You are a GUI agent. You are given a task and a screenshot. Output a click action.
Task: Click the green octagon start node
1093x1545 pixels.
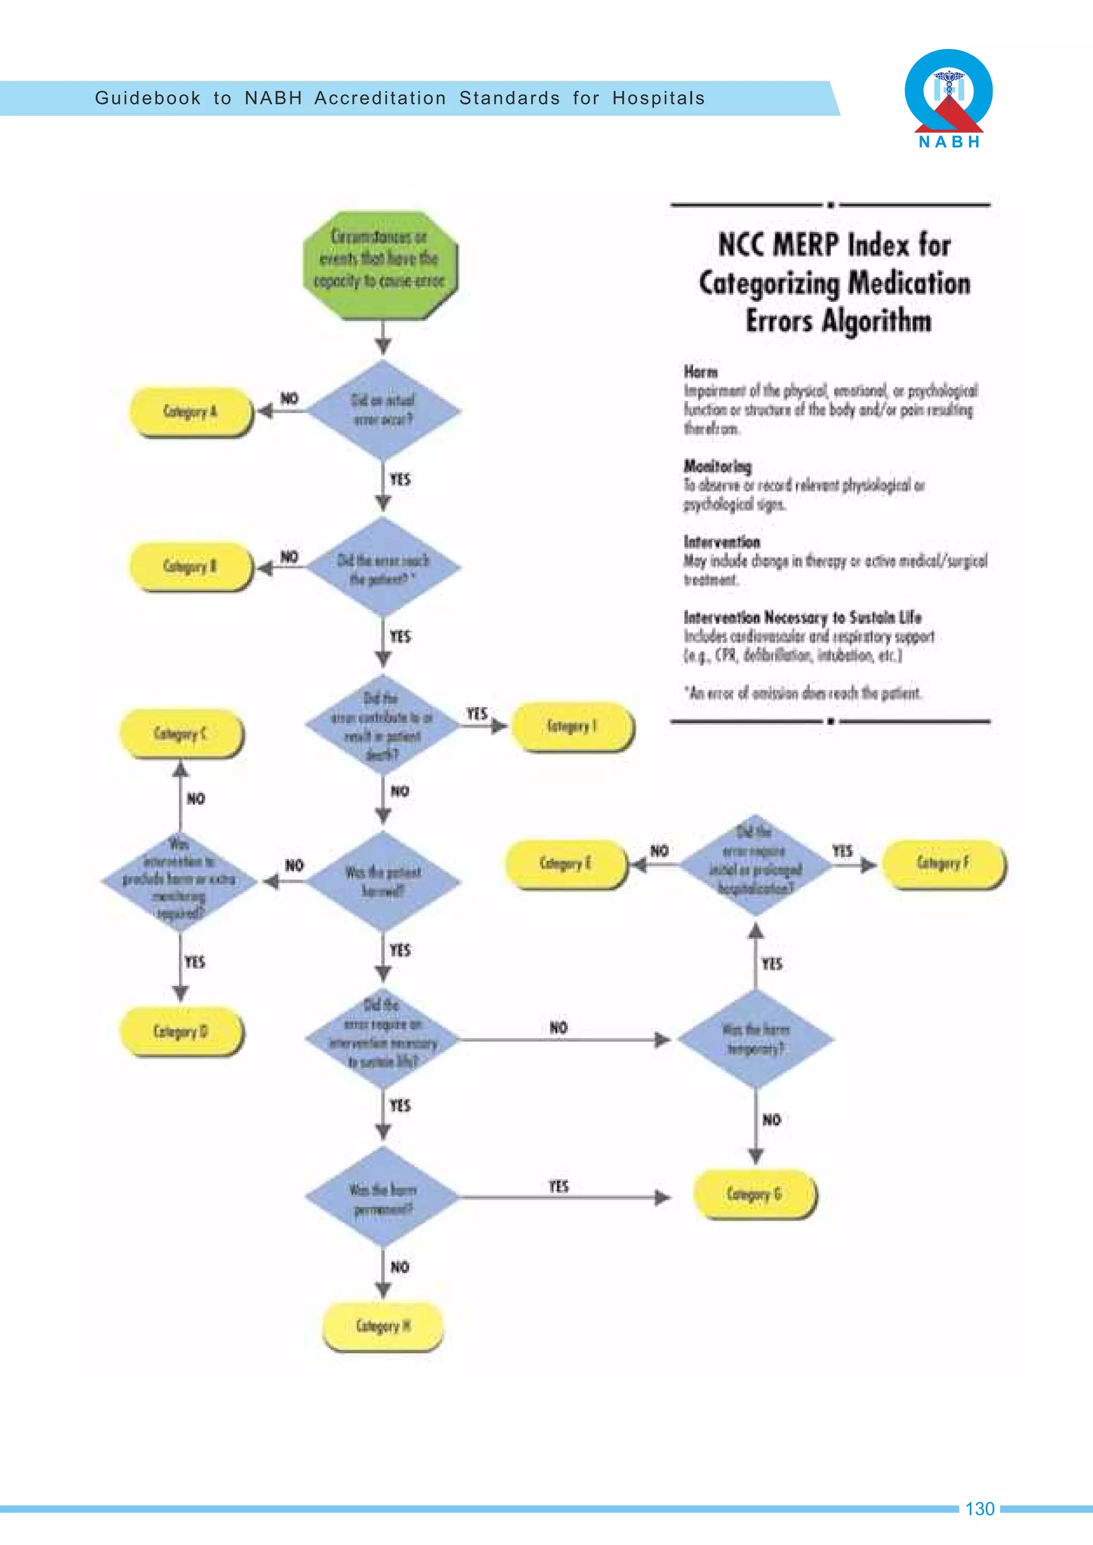point(381,265)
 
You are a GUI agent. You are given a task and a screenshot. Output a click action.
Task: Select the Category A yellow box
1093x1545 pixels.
point(191,411)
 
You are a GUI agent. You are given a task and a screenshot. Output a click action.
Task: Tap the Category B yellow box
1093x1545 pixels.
point(191,566)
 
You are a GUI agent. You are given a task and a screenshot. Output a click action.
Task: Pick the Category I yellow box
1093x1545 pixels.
point(572,726)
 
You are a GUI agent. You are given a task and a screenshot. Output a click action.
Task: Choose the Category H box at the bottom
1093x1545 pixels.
point(383,1326)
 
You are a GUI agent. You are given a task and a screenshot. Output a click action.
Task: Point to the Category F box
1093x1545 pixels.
point(943,863)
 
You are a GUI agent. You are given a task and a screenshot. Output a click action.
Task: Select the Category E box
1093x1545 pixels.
point(565,863)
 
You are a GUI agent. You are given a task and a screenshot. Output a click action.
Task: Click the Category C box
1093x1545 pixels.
point(180,733)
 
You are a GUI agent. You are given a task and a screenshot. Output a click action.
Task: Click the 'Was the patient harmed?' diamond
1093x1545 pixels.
point(383,881)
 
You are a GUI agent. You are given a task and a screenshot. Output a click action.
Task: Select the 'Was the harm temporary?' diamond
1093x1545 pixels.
point(756,1039)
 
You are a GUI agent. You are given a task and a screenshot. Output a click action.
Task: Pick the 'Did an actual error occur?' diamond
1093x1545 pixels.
point(383,410)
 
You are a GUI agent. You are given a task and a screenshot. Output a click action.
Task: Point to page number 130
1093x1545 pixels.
point(979,1509)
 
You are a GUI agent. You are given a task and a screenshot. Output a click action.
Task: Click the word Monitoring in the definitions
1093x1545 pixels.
point(717,466)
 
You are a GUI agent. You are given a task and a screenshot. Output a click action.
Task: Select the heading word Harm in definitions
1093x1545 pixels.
point(701,371)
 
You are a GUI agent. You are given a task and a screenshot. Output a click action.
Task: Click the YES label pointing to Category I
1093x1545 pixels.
point(477,713)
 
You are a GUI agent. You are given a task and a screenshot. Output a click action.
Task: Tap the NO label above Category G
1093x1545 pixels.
point(771,1120)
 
